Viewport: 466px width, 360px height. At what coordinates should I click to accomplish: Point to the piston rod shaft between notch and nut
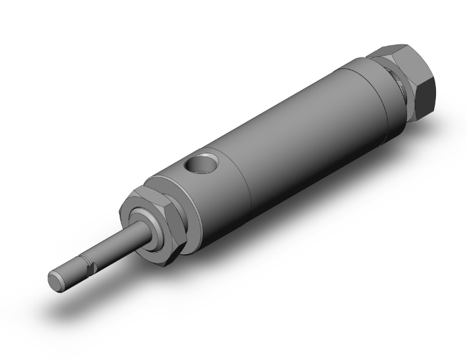click(119, 245)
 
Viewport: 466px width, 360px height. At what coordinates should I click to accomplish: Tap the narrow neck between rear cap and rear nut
click(401, 88)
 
